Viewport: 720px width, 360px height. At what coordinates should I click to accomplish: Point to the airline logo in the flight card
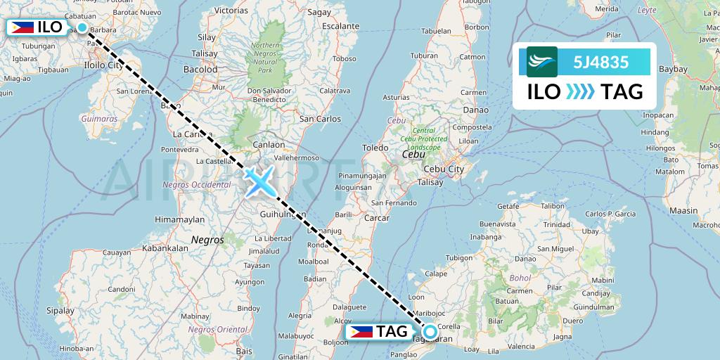tap(542, 61)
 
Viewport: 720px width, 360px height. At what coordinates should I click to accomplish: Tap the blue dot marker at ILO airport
tap(82, 27)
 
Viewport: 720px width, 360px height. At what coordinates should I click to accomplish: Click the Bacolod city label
tap(200, 70)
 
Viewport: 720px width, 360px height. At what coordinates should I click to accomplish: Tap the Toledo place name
tap(375, 148)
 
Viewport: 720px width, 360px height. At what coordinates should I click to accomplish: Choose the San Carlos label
tap(319, 119)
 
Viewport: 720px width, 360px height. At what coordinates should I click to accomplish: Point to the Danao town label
tap(475, 110)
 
